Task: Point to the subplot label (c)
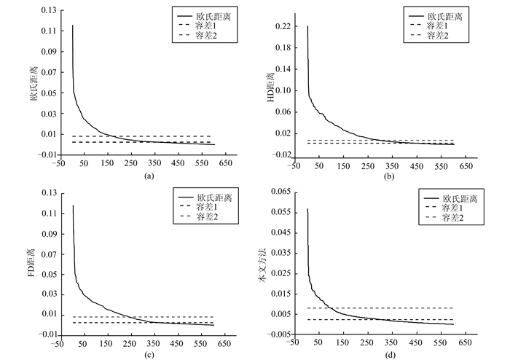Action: pyautogui.click(x=149, y=355)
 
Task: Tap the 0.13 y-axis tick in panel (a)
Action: pyautogui.click(x=48, y=10)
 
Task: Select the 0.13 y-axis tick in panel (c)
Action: pyautogui.click(x=48, y=192)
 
